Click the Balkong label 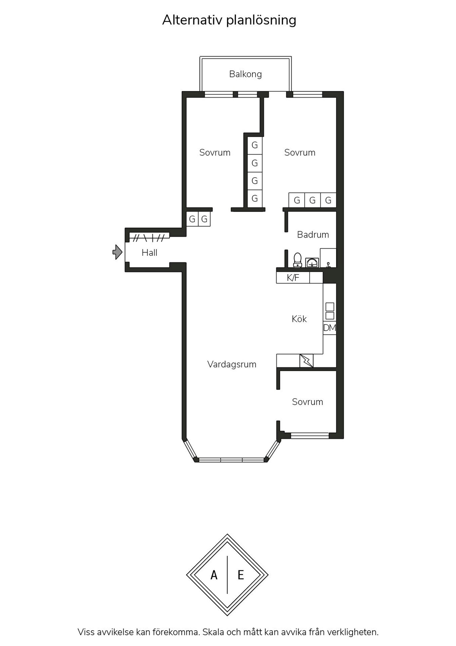click(x=245, y=74)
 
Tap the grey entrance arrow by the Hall click(x=117, y=252)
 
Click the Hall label click(x=150, y=253)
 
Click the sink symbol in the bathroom click(x=312, y=262)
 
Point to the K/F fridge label click(x=293, y=278)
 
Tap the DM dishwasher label click(x=330, y=328)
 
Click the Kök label click(x=299, y=319)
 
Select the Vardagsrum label click(x=232, y=364)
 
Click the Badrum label click(x=313, y=235)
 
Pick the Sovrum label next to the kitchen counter click(x=307, y=402)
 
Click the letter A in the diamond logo click(x=214, y=575)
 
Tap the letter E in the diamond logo click(x=241, y=575)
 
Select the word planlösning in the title click(x=261, y=21)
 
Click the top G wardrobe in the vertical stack click(x=255, y=145)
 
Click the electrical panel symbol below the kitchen click(x=306, y=361)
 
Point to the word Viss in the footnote click(x=86, y=632)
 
